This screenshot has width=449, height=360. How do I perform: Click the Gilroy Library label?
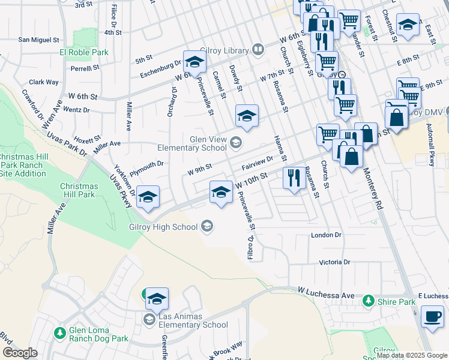228,51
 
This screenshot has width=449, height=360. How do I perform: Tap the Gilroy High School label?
163,227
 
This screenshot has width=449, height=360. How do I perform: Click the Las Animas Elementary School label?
193,325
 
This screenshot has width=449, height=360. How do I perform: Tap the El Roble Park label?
83,52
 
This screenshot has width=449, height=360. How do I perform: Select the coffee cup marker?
432,317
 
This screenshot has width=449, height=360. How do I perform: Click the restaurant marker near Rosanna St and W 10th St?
293,178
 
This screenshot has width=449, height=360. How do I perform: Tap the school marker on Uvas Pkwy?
148,197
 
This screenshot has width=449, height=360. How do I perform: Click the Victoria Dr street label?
334,262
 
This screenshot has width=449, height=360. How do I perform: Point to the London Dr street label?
326,235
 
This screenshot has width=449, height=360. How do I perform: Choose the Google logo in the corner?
20,353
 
